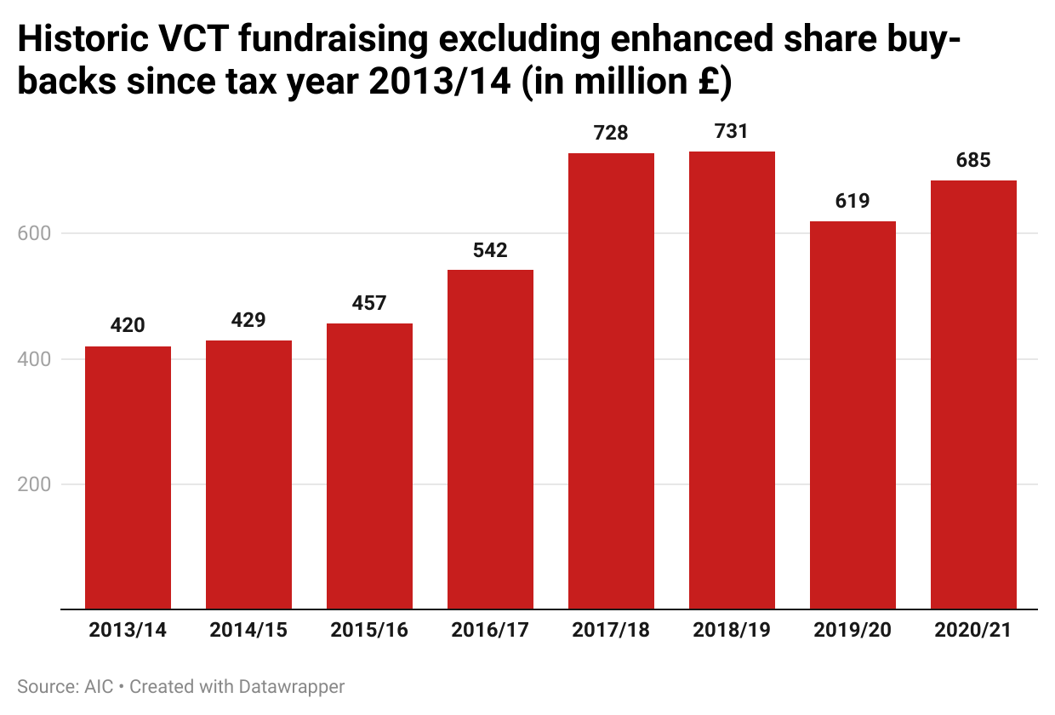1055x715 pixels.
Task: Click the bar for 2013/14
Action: [x=128, y=478]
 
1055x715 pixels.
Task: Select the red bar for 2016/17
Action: [x=490, y=439]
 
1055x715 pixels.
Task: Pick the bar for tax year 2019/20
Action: [x=853, y=415]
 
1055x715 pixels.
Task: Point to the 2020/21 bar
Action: [x=973, y=395]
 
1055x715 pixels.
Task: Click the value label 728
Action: [x=611, y=134]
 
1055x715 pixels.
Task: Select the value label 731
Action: [x=732, y=132]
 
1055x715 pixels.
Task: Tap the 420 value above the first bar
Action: [x=128, y=326]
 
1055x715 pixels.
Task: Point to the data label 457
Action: [x=369, y=303]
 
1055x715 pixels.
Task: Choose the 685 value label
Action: [x=973, y=160]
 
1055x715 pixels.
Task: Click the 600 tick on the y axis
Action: [x=33, y=233]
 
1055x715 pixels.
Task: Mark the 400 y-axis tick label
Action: [x=33, y=359]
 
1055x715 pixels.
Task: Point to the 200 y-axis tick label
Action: [x=33, y=484]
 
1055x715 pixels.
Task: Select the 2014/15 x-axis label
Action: [x=248, y=631]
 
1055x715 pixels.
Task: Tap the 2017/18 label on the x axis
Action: [x=611, y=631]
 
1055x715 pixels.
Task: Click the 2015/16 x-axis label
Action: [x=369, y=631]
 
